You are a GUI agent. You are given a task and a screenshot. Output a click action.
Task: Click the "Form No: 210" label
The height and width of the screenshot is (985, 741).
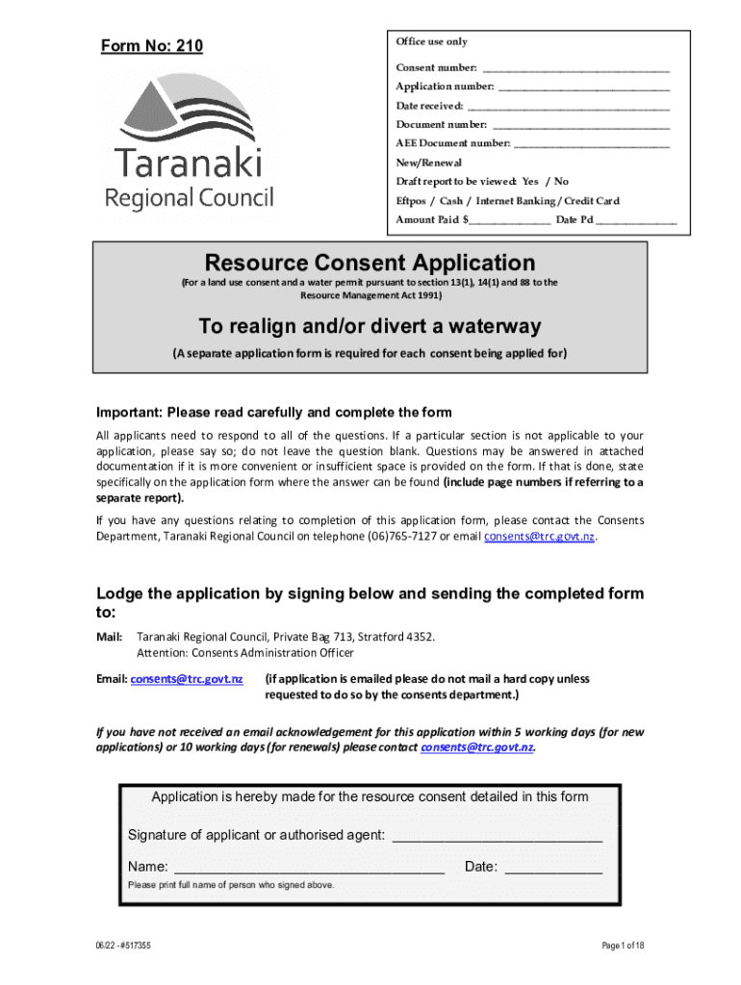point(152,46)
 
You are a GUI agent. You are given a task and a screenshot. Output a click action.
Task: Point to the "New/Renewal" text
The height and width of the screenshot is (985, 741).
point(429,163)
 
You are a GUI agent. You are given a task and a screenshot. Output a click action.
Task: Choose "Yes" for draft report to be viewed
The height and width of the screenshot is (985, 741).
point(529,182)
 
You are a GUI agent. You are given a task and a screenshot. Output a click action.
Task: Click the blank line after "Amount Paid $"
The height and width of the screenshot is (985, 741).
point(509,220)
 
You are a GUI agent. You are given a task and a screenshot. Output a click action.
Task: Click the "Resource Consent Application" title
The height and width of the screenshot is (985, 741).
point(370,263)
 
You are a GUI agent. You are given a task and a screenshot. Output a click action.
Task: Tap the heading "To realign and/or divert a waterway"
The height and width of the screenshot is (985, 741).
point(370,325)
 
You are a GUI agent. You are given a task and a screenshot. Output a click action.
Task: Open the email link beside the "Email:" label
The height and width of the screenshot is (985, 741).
point(187,679)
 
